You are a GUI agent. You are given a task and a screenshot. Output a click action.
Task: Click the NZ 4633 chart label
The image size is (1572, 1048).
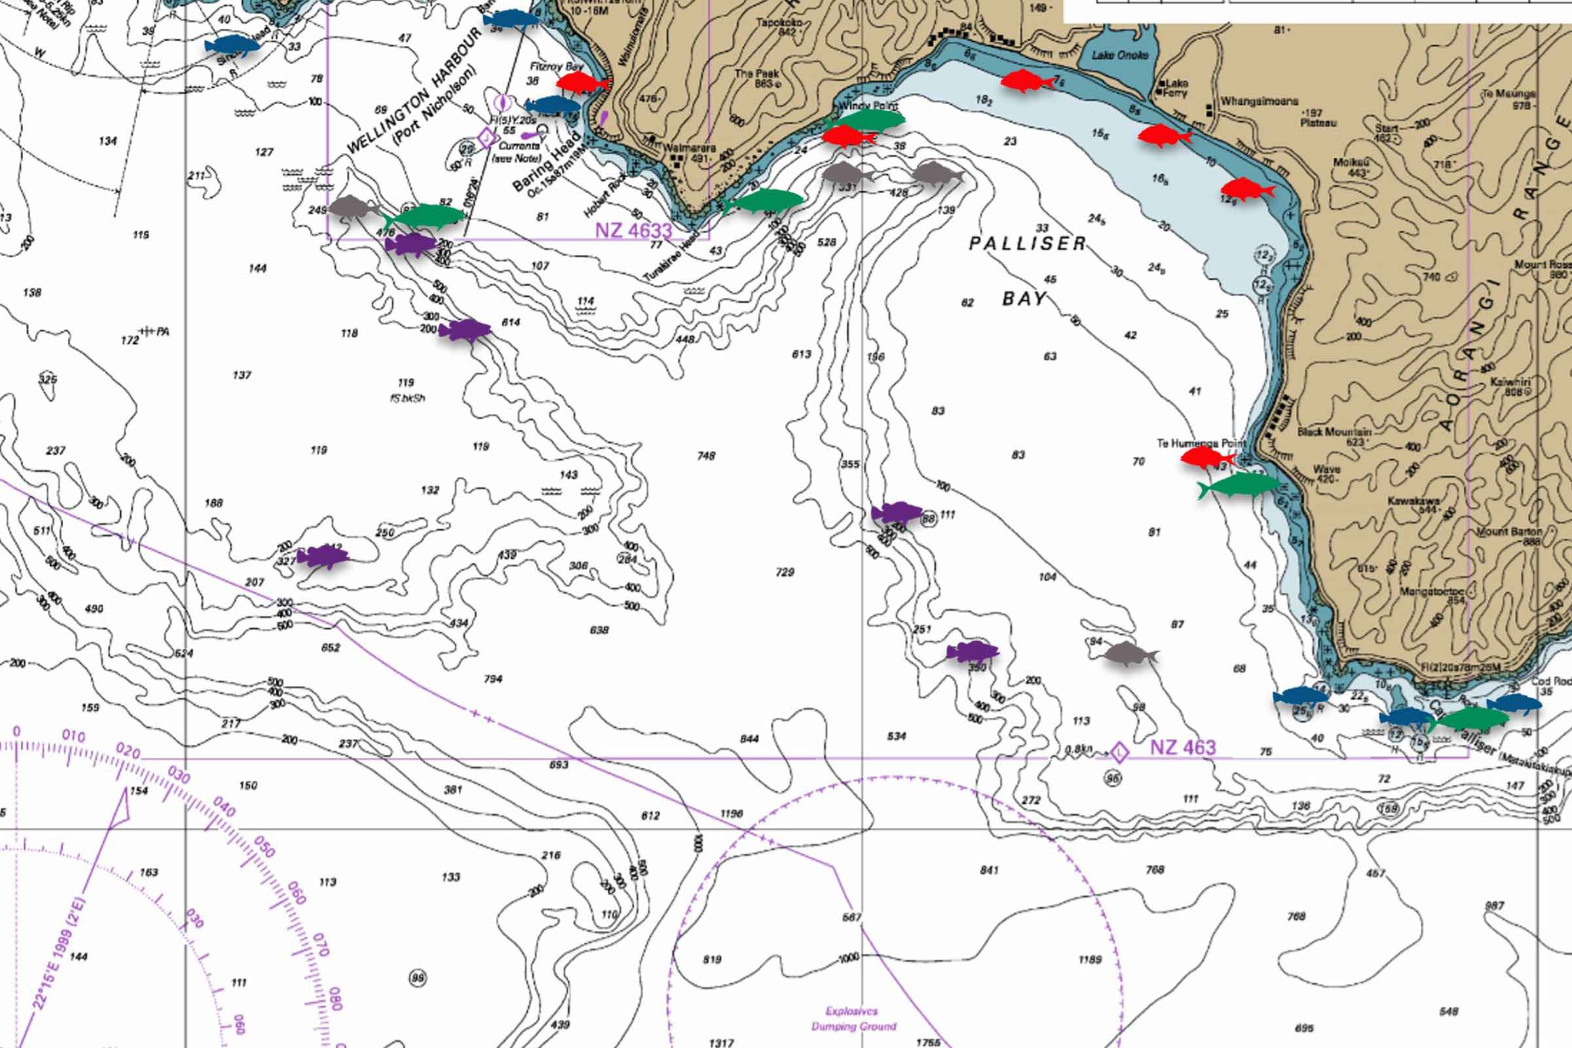[x=633, y=231]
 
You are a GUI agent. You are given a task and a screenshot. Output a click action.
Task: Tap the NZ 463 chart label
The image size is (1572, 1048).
[x=1182, y=747]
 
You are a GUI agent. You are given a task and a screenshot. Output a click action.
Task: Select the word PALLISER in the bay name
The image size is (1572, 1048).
[x=1027, y=243]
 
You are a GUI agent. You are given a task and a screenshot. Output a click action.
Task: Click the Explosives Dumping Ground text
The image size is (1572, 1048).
[x=853, y=1019]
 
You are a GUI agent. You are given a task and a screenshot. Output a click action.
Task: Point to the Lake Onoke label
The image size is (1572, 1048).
[x=1119, y=56]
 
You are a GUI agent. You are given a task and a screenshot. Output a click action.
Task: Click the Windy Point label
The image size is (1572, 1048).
[x=867, y=105]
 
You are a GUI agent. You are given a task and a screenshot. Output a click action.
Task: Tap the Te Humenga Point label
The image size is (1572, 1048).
[x=1201, y=443]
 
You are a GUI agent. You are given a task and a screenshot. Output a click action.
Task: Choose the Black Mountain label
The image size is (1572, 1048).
[x=1334, y=432]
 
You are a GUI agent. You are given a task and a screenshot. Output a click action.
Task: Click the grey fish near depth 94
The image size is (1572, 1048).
[x=1129, y=653]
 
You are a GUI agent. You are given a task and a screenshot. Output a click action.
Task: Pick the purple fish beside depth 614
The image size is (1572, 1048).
[x=464, y=330]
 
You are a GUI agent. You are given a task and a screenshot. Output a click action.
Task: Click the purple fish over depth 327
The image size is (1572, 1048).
[x=323, y=556]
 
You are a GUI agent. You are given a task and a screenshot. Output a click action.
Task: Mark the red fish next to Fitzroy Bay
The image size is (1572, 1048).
[x=582, y=83]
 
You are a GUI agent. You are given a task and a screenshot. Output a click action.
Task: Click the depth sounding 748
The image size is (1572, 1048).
[x=706, y=456]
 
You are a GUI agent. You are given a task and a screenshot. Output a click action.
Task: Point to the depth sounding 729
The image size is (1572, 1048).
[x=785, y=572]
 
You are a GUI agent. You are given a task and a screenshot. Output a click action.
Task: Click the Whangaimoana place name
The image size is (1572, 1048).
[x=1259, y=102]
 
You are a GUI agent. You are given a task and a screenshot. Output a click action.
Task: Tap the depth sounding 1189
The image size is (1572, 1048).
[x=1089, y=960]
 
